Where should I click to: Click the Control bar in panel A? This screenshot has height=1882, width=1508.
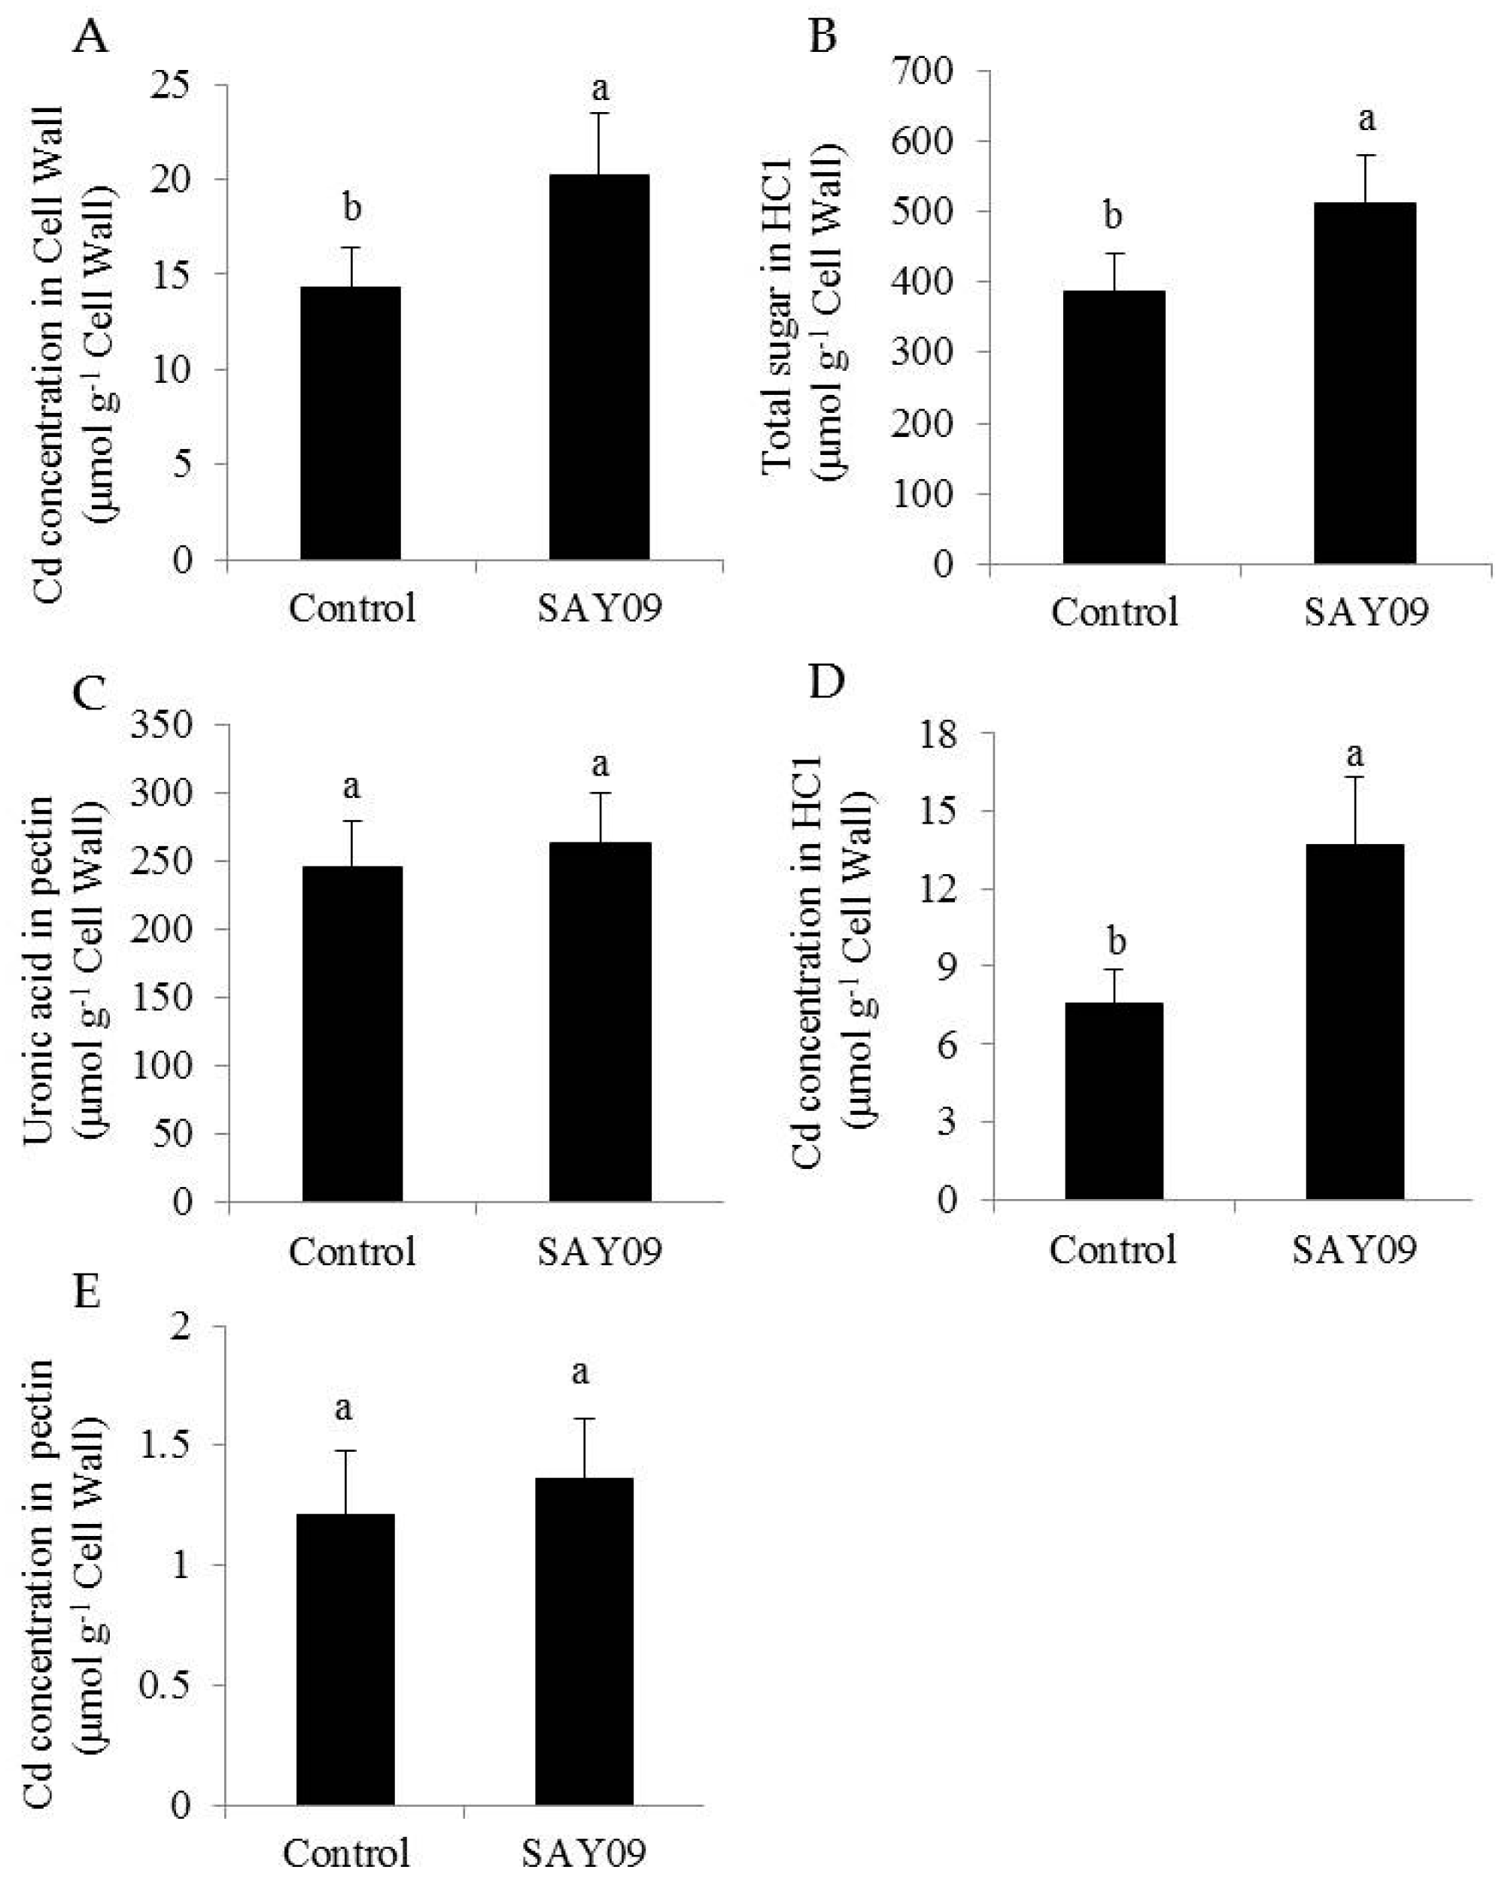[350, 423]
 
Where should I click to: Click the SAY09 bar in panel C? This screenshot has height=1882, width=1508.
[600, 1021]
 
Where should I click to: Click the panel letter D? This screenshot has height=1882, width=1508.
[828, 681]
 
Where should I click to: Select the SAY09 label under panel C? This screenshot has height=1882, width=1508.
[600, 1251]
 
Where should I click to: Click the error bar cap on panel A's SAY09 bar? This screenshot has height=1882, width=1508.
[599, 114]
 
